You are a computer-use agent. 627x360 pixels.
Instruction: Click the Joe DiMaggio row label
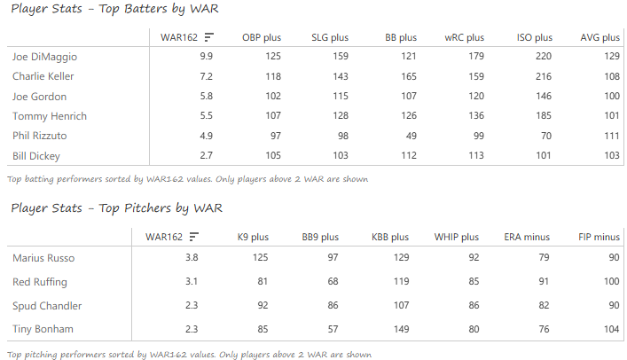tap(43, 56)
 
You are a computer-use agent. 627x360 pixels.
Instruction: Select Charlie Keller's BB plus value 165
tap(407, 76)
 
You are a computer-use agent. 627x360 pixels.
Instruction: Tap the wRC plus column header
tap(464, 37)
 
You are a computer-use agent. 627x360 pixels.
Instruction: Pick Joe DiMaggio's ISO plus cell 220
tap(543, 56)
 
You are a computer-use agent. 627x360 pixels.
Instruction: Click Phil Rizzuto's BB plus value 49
tap(410, 136)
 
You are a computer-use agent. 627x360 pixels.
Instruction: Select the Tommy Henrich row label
tap(45, 116)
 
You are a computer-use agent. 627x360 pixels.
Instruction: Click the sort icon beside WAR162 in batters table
tap(208, 37)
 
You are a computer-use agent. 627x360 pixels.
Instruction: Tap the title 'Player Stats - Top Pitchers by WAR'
tap(115, 208)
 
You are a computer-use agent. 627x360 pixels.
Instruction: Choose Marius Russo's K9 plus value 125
tap(258, 258)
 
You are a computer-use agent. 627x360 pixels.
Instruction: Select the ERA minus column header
tap(527, 237)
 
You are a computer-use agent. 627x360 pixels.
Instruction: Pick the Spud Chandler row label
tap(47, 306)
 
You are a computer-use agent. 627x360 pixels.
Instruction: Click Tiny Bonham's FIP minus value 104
tap(609, 330)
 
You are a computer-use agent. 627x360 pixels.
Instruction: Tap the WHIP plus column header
tap(456, 237)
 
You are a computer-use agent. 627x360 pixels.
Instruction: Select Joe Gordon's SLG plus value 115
tap(339, 96)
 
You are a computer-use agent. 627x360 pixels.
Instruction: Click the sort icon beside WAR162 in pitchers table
tap(193, 237)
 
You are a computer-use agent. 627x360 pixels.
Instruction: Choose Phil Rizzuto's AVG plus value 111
tap(610, 136)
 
